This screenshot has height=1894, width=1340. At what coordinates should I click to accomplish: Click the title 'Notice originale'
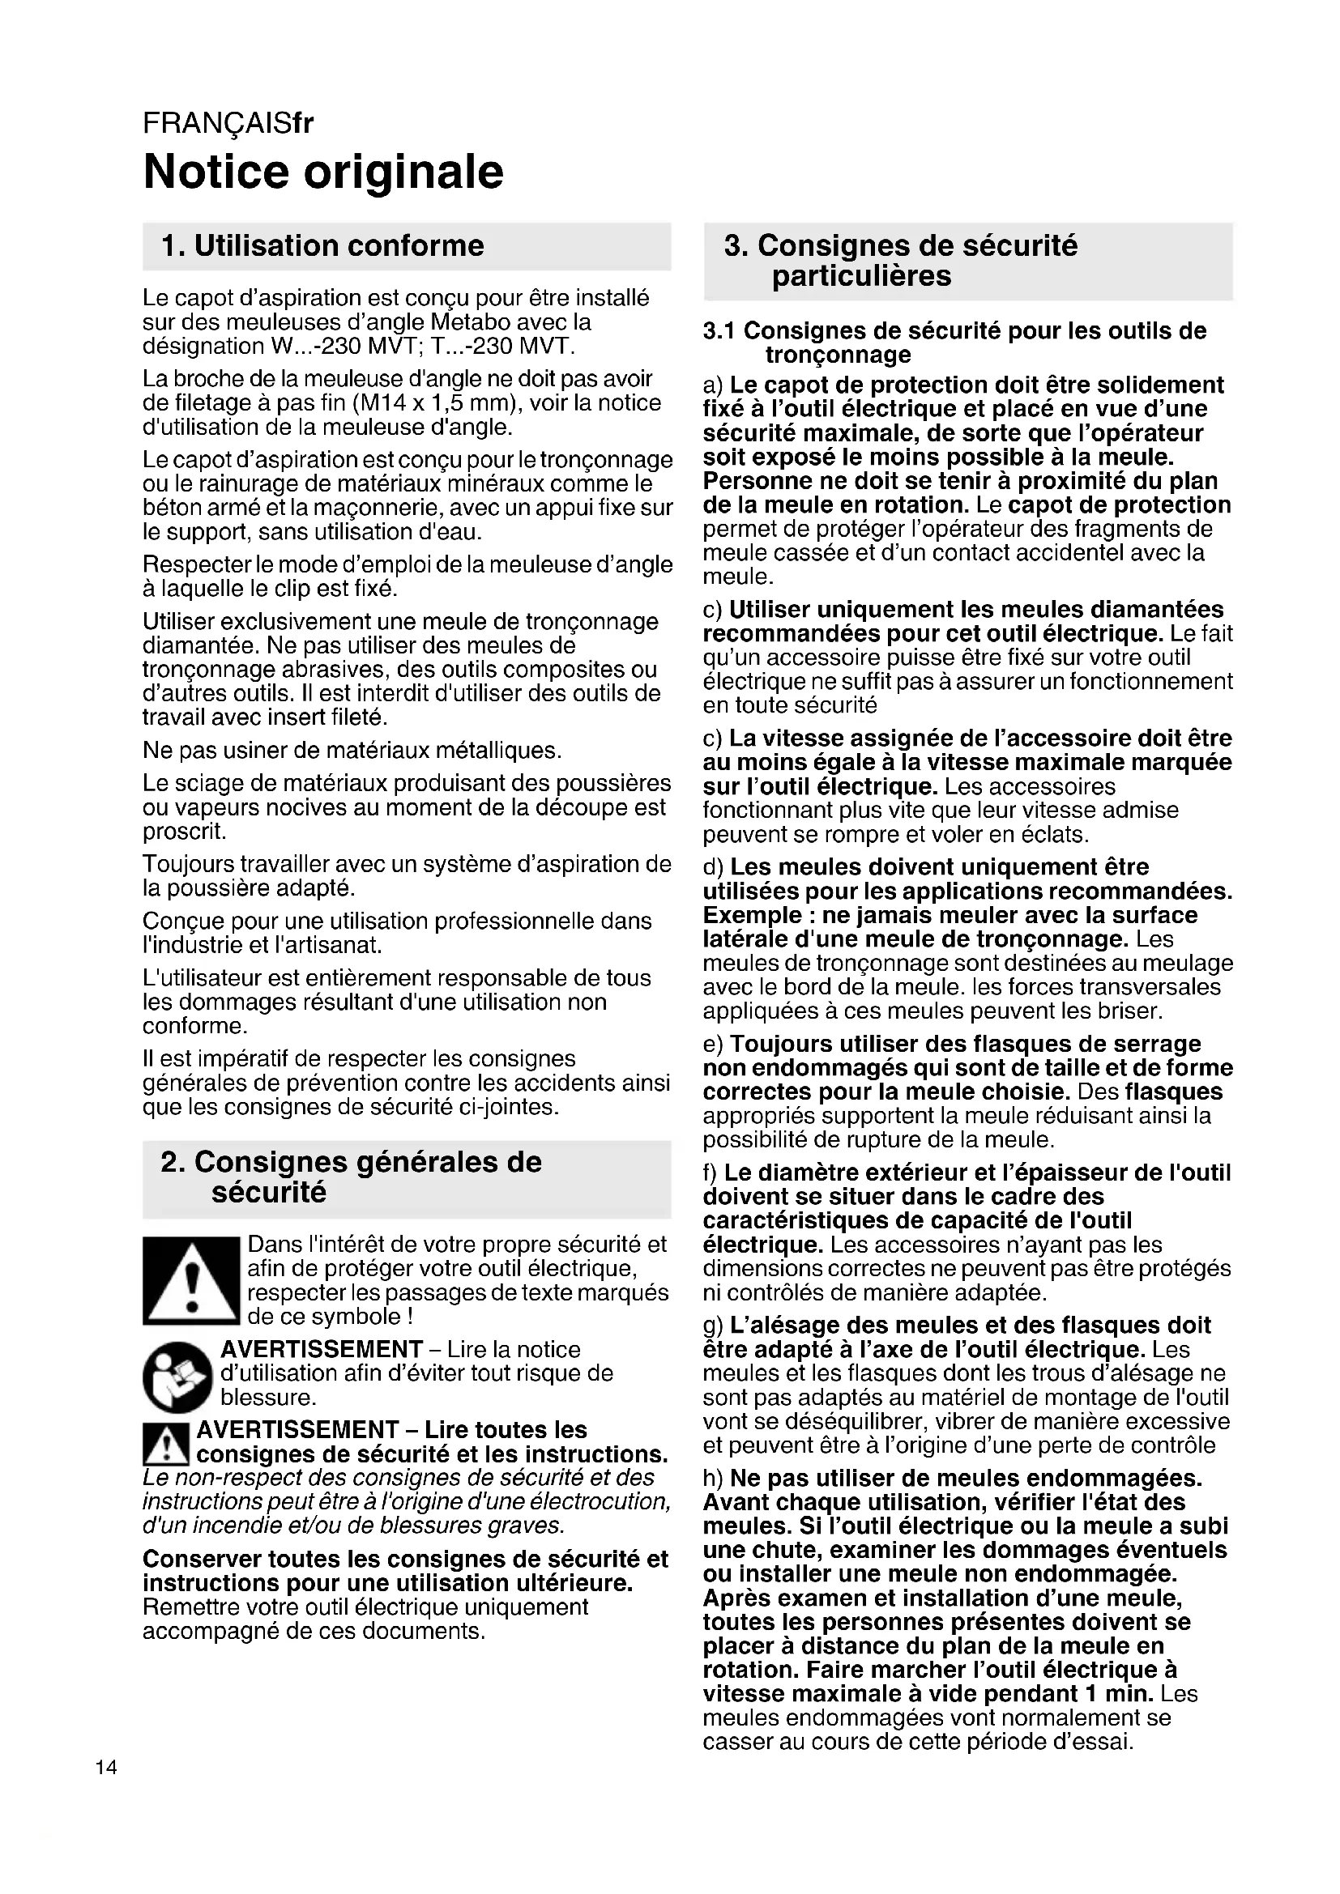coord(322,172)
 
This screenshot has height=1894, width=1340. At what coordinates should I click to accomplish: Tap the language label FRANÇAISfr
coord(228,123)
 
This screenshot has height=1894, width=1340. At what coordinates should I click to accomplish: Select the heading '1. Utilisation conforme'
coord(322,246)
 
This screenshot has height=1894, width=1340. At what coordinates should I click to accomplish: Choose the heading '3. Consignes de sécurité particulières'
coord(900,261)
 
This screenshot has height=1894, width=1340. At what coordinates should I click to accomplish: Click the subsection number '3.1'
coord(719,332)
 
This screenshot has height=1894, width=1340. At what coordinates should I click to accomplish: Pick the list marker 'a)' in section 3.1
coord(713,385)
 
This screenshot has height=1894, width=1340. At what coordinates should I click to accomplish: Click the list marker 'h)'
coord(714,1478)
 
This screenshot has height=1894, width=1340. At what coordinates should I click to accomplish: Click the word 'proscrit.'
coord(184,832)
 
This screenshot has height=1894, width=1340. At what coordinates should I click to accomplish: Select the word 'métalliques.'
coord(493,751)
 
